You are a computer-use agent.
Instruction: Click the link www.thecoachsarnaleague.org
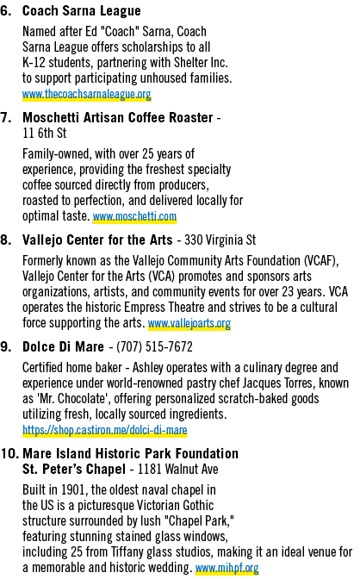pos(87,94)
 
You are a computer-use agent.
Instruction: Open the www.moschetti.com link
pos(134,216)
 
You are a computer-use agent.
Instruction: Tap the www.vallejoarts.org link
pos(189,323)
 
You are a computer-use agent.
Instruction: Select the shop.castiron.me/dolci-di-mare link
pos(105,430)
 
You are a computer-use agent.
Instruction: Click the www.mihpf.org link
pos(227,568)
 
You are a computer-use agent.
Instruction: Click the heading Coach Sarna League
pos(82,10)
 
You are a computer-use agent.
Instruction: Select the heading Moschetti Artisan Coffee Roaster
pos(118,117)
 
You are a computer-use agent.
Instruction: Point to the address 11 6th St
pos(44,133)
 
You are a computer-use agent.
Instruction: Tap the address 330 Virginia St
pos(220,240)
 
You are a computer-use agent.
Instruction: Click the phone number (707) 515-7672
pos(154,346)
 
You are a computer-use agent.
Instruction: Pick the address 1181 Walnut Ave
pos(178,469)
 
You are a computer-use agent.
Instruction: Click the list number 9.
pos(6,346)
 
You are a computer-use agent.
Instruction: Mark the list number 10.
pos(9,453)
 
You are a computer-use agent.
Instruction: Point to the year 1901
pos(74,489)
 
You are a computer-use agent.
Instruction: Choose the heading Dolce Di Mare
pos(63,346)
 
